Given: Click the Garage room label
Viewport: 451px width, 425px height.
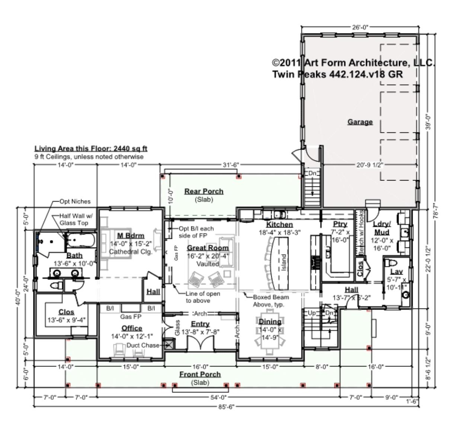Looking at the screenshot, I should click(360, 122).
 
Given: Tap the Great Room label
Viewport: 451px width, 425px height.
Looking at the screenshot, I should click(208, 248).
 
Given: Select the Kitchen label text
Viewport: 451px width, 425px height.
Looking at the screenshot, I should click(279, 224).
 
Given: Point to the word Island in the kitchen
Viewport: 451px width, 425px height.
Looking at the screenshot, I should click(284, 263).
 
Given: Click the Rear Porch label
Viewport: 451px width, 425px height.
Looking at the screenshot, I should click(204, 191).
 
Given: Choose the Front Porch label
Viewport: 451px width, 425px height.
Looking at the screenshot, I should click(200, 374).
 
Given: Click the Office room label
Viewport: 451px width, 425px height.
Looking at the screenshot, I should click(132, 328).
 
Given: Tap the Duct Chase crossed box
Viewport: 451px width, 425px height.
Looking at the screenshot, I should click(169, 344).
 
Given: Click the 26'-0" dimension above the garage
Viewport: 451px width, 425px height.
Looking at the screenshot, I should click(359, 27).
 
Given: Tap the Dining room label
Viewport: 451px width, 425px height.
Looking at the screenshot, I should click(270, 322).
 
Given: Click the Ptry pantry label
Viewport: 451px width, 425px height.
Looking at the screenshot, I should click(340, 224).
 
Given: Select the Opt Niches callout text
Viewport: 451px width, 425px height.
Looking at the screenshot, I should click(75, 201).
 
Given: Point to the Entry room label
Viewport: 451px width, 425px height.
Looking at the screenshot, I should click(200, 324).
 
